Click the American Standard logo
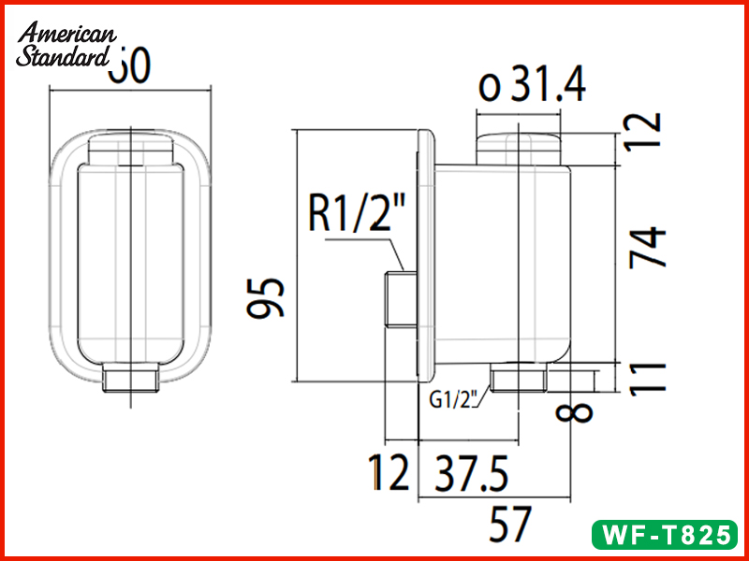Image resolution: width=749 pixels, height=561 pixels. [66, 45]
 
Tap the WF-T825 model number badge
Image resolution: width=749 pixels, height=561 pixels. [666, 535]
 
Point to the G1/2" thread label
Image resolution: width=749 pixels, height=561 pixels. [454, 400]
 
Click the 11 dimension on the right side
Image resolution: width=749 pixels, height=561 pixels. [648, 378]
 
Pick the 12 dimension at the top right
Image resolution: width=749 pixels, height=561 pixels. [646, 131]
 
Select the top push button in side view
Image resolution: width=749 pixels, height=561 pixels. [521, 148]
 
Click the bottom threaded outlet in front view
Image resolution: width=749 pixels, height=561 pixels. [132, 380]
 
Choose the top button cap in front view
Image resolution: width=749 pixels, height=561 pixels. [132, 150]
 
